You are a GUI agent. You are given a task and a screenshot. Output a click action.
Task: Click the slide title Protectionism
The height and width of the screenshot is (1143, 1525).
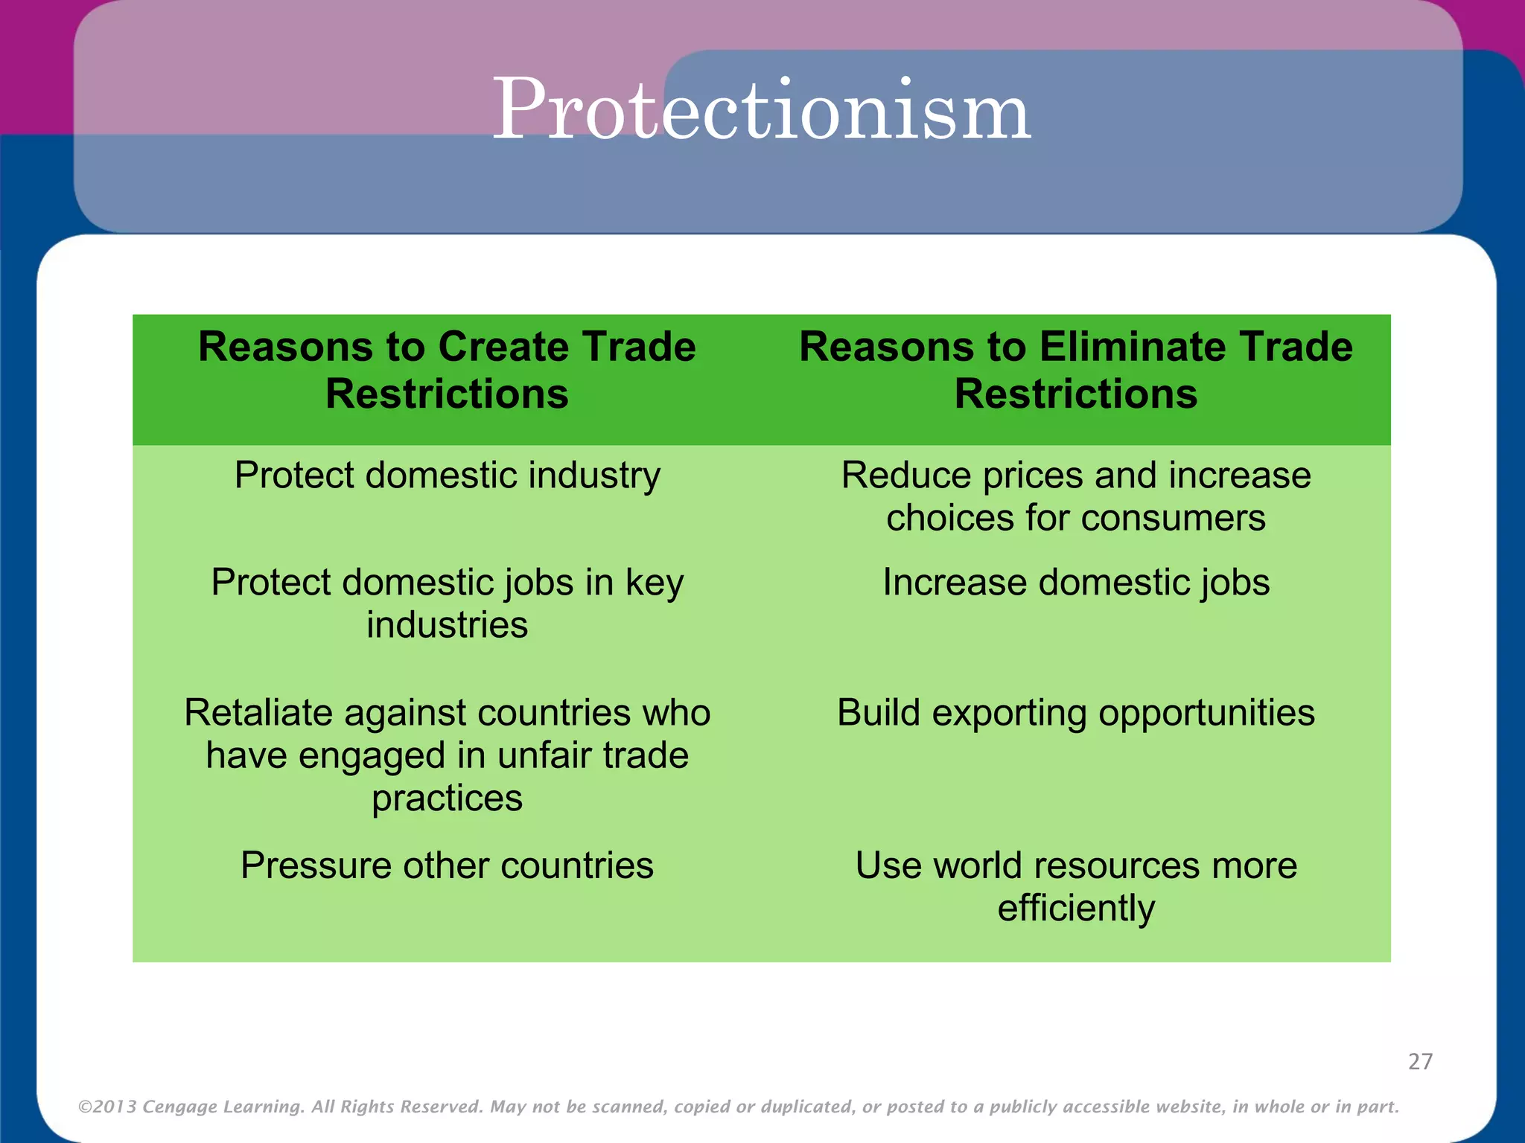[x=761, y=110]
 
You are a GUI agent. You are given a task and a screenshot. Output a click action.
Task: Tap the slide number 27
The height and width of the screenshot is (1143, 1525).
[x=1420, y=1061]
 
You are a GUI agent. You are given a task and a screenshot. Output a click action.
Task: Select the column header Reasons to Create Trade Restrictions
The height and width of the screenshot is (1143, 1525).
[x=447, y=371]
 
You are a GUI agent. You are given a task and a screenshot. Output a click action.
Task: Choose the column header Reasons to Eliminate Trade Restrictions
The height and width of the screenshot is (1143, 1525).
[x=1076, y=371]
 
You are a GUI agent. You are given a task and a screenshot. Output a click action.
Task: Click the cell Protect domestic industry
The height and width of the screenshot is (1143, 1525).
[x=447, y=476]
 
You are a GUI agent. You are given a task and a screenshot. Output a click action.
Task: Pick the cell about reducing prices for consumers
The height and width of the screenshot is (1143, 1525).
[x=1076, y=496]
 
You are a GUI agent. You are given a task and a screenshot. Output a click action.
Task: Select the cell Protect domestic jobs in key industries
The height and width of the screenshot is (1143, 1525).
[x=447, y=603]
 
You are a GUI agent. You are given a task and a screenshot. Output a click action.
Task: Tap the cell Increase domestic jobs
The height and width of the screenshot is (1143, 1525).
[x=1076, y=583]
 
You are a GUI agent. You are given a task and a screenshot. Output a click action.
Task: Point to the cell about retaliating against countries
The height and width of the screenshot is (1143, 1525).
[x=447, y=755]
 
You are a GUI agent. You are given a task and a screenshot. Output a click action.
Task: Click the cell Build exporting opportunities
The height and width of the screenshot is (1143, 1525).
[x=1076, y=713]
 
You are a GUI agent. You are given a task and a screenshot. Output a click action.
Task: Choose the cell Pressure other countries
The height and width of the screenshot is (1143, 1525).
[x=447, y=865]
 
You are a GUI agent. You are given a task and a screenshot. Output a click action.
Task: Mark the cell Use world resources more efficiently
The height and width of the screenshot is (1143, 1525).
[x=1076, y=886]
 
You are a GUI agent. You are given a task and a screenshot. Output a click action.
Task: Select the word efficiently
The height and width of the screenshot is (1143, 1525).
[x=1076, y=909]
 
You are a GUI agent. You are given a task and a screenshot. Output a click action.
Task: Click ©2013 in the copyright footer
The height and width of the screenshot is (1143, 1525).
[x=107, y=1107]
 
